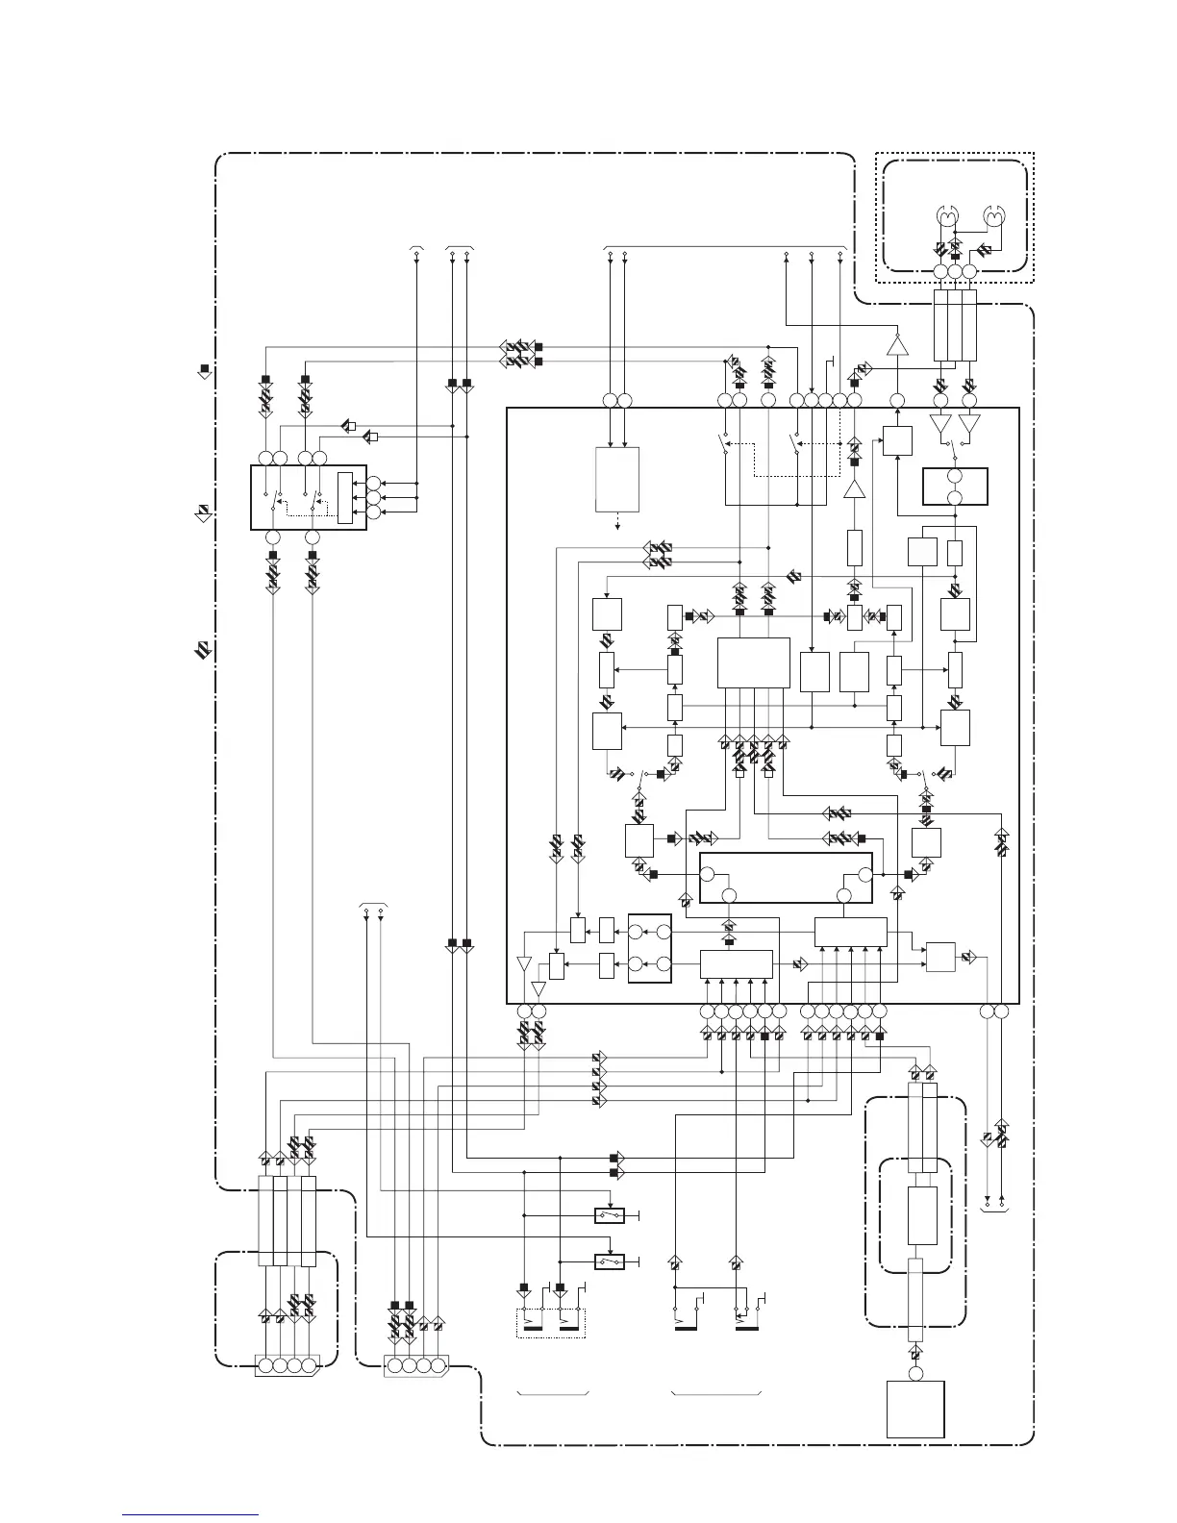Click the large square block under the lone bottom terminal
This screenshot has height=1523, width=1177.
pyautogui.click(x=914, y=1410)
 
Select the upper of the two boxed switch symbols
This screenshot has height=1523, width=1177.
pyautogui.click(x=610, y=1215)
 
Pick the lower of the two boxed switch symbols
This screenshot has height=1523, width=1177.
pyautogui.click(x=610, y=1261)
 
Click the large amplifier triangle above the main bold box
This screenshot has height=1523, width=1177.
pyautogui.click(x=897, y=345)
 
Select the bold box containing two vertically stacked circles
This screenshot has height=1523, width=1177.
pyautogui.click(x=956, y=487)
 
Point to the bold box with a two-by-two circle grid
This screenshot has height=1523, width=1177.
pyautogui.click(x=649, y=948)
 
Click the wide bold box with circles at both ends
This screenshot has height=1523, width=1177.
pyautogui.click(x=786, y=878)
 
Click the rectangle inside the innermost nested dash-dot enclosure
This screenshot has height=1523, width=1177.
pyautogui.click(x=922, y=1216)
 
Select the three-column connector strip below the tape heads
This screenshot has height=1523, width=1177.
pyautogui.click(x=956, y=326)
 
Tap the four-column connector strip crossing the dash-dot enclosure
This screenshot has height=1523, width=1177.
pyautogui.click(x=288, y=1220)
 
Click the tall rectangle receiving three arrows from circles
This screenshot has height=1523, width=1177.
pyautogui.click(x=345, y=498)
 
